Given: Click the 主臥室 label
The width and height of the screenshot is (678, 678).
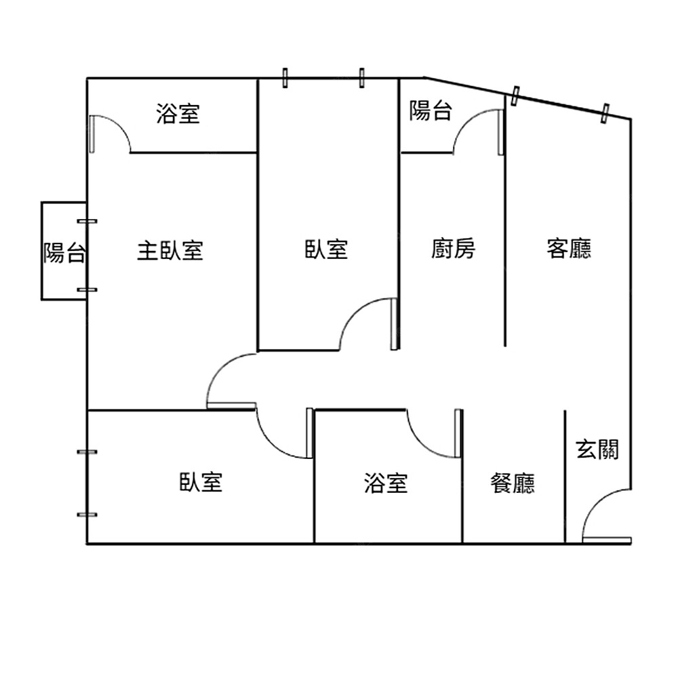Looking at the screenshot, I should point(170,251).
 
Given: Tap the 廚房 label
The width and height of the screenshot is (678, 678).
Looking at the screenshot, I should point(453,249).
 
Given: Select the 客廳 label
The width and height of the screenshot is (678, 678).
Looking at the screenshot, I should point(569,249).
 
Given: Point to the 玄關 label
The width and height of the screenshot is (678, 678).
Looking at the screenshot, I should point(597,450).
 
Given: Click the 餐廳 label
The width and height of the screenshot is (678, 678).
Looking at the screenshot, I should point(513,483).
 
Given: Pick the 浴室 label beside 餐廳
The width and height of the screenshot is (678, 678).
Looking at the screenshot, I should point(386,483).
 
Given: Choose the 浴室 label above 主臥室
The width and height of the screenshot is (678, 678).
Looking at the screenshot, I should point(178,113).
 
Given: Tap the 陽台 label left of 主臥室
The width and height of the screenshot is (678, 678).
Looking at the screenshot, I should point(64,252).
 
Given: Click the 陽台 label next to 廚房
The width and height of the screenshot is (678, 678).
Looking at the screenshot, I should point(431,111).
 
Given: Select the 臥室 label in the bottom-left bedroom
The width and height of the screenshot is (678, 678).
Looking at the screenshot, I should point(201,483).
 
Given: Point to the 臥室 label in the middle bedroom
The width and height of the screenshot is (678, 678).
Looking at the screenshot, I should point(326,249).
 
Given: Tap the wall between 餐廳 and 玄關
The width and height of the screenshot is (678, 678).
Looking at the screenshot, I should point(565,475).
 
